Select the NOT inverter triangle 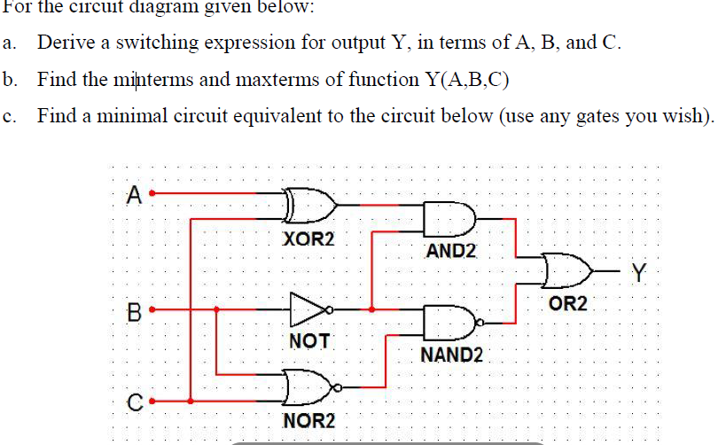pyautogui.click(x=308, y=309)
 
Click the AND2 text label pyautogui.click(x=451, y=250)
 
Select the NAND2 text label pyautogui.click(x=452, y=355)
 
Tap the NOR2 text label pyautogui.click(x=308, y=419)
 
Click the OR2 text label pyautogui.click(x=568, y=304)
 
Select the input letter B pyautogui.click(x=135, y=312)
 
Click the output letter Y pyautogui.click(x=640, y=270)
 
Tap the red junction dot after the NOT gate pyautogui.click(x=371, y=309)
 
